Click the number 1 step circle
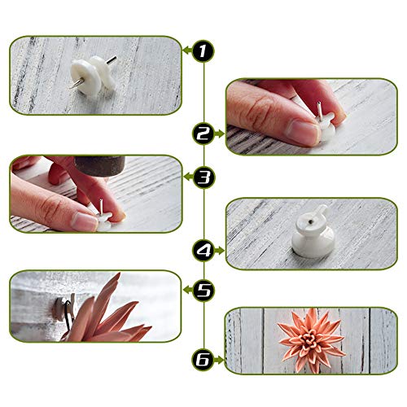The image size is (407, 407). [x=203, y=51]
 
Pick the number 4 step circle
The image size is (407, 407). [x=203, y=251]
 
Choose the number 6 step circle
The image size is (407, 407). [x=203, y=359]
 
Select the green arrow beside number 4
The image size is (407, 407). [x=221, y=251]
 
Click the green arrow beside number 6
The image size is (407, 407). [x=221, y=359]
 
